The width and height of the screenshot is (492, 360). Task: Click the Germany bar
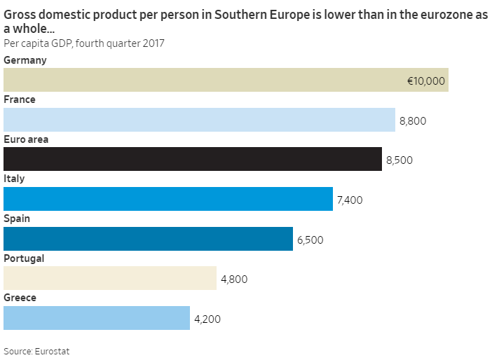pyautogui.click(x=226, y=80)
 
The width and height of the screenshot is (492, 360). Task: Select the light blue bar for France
pyautogui.click(x=199, y=120)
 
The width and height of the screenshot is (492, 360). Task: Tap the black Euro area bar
pyautogui.click(x=193, y=159)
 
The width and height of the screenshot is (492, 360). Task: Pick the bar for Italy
pyautogui.click(x=168, y=199)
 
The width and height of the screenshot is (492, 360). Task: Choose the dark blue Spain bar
pyautogui.click(x=148, y=239)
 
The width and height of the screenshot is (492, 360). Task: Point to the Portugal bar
pyautogui.click(x=110, y=278)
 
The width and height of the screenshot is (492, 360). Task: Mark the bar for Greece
pyautogui.click(x=97, y=318)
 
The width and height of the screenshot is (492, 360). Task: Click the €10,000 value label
pyautogui.click(x=426, y=81)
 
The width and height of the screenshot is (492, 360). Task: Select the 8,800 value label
pyautogui.click(x=413, y=121)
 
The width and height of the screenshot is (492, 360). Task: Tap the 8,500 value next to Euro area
pyautogui.click(x=399, y=160)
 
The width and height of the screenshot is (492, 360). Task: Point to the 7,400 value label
pyautogui.click(x=350, y=200)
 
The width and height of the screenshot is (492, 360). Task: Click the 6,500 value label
pyautogui.click(x=310, y=240)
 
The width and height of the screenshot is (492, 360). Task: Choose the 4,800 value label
pyautogui.click(x=234, y=279)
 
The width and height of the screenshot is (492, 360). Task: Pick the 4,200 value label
pyautogui.click(x=207, y=319)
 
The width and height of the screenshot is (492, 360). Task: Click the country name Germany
pyautogui.click(x=25, y=60)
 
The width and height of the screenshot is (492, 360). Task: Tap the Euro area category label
pyautogui.click(x=26, y=139)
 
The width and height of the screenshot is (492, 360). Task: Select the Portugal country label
pyautogui.click(x=24, y=258)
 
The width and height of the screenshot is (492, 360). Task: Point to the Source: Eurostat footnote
pyautogui.click(x=36, y=351)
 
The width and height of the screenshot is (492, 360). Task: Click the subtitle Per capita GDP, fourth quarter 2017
pyautogui.click(x=84, y=43)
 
